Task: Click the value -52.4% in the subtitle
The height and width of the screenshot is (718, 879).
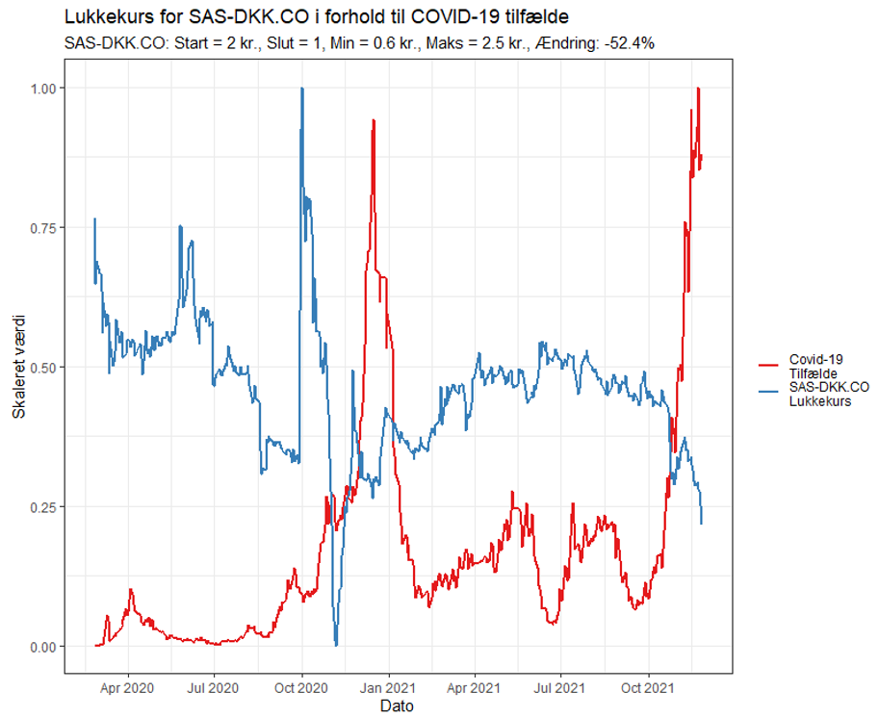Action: click(628, 43)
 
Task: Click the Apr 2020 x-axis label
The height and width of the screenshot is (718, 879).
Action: click(127, 688)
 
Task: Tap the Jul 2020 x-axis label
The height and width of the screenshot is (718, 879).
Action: click(213, 688)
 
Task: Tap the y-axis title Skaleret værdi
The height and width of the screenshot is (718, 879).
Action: click(18, 367)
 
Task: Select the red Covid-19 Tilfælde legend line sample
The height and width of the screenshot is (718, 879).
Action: click(769, 366)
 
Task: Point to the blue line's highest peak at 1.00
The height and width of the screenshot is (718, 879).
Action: click(302, 88)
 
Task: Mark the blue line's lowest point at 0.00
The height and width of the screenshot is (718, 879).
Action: click(336, 645)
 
